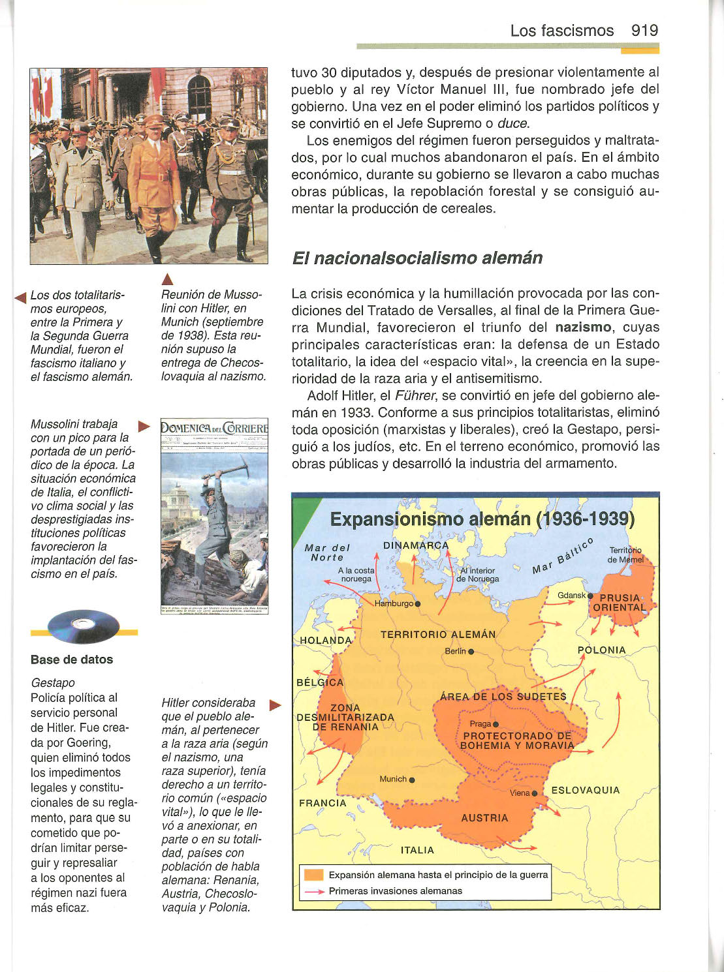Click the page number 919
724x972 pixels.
pos(644,31)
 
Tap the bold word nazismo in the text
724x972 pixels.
pos(583,327)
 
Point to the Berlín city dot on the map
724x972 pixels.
pos(471,652)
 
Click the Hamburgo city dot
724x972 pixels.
pos(418,603)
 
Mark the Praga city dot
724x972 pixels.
pos(496,724)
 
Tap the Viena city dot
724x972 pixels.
pos(535,793)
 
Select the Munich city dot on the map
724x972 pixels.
pos(412,780)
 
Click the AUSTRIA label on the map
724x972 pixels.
pos(484,818)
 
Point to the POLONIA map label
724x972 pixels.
pos(601,650)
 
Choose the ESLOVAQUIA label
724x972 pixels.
pos(586,791)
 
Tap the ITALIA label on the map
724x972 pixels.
pos(417,850)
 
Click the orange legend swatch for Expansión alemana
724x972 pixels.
pos(314,875)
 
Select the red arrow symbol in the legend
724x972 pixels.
pos(314,891)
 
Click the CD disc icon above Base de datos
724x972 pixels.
pos(84,627)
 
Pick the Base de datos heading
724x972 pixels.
pos(72,660)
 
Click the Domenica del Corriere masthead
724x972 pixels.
pos(214,429)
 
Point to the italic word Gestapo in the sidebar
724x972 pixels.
pos(53,682)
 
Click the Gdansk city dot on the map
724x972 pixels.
pos(590,596)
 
